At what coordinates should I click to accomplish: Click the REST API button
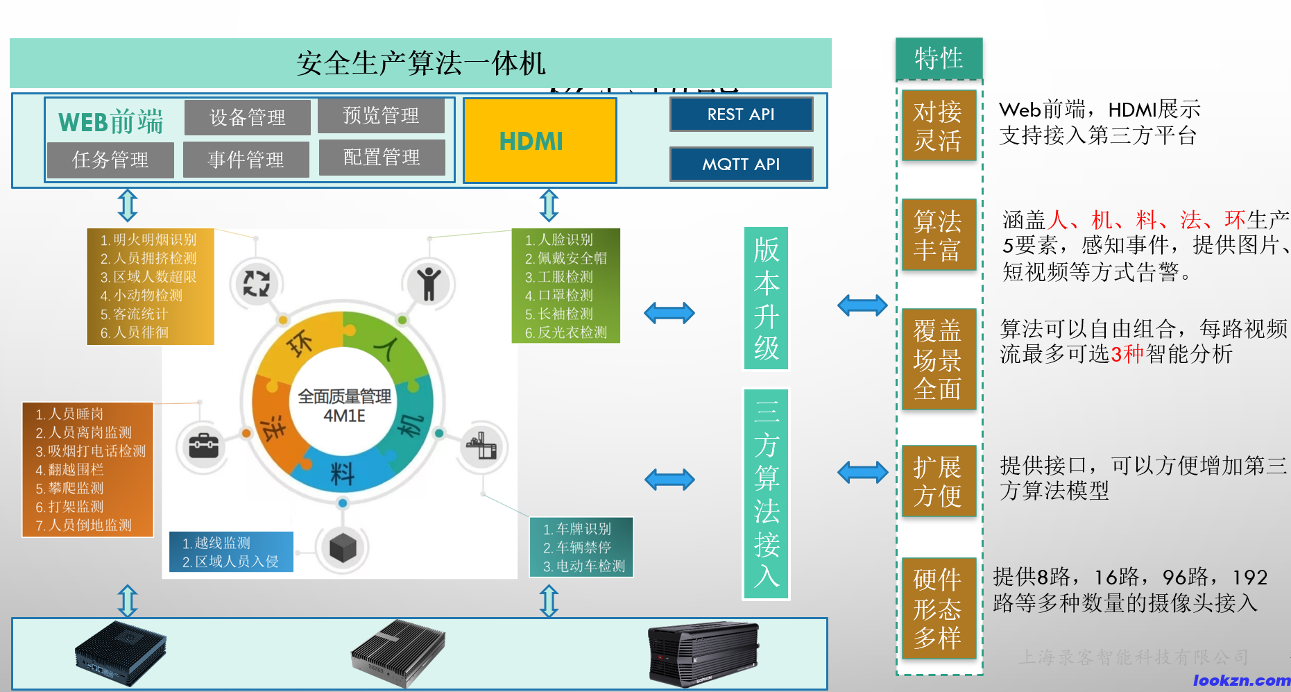click(741, 115)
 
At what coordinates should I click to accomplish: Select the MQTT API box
click(741, 164)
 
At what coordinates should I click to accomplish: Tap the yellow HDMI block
click(540, 141)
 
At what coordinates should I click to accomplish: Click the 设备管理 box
click(247, 117)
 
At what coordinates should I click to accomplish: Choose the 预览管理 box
click(381, 115)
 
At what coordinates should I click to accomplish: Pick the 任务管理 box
click(110, 160)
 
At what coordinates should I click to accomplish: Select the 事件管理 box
click(246, 160)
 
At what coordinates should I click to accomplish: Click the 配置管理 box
click(382, 158)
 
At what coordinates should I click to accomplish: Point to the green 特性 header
click(939, 58)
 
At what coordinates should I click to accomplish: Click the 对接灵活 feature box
click(938, 126)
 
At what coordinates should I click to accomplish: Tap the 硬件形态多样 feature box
click(938, 608)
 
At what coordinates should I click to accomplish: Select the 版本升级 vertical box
click(767, 298)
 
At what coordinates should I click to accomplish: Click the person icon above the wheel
click(429, 283)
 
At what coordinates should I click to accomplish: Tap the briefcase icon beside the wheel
click(204, 446)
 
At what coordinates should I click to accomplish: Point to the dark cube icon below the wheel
click(343, 548)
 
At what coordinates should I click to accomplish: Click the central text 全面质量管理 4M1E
click(344, 406)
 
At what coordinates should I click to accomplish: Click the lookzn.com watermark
click(1241, 681)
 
